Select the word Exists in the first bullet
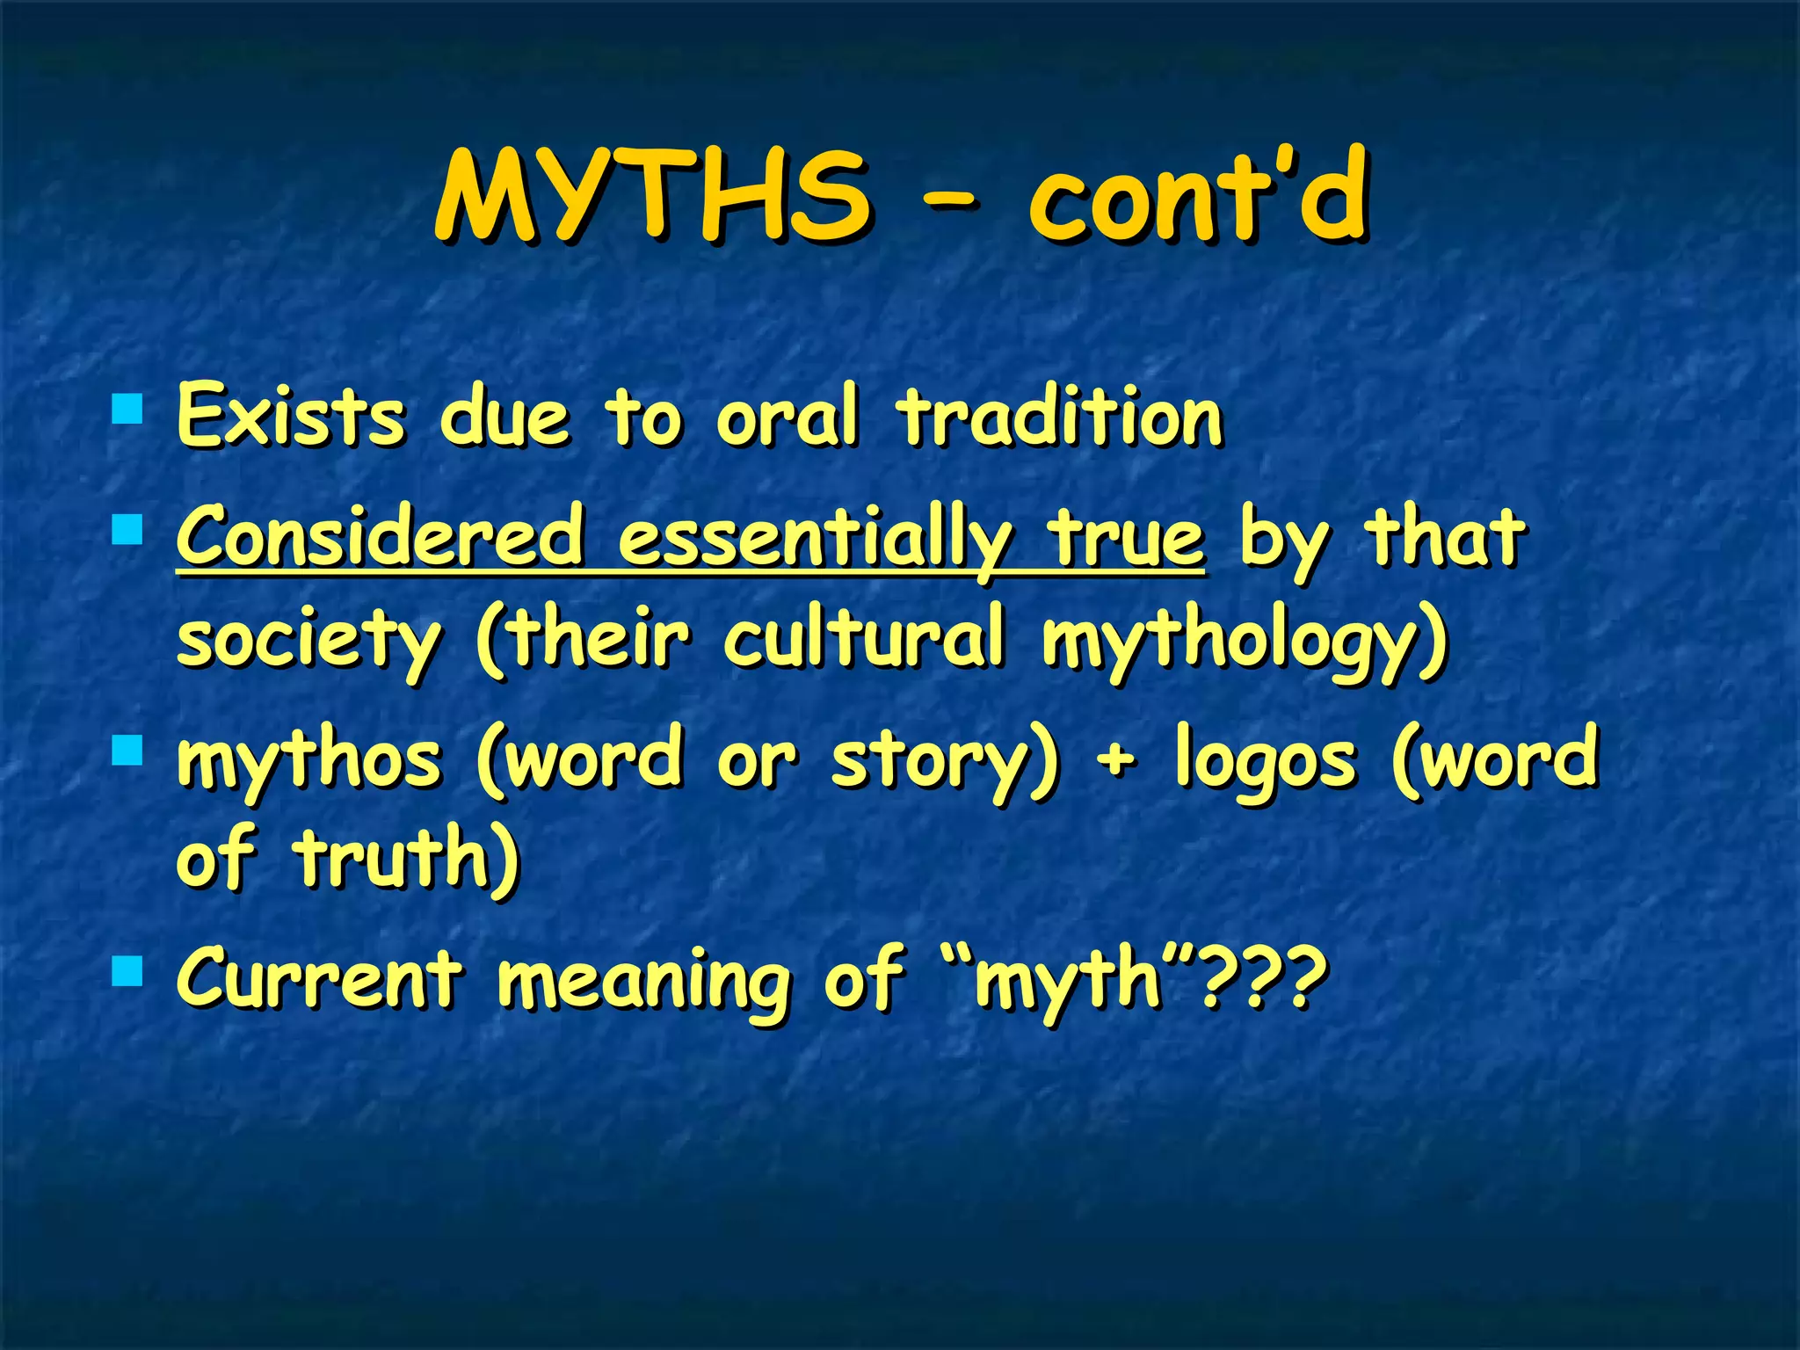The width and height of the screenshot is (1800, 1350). point(291,415)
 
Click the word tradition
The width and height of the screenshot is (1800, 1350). point(1059,415)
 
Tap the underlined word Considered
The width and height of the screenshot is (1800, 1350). point(380,536)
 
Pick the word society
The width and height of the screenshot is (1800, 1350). point(308,640)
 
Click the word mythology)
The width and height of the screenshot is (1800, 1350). point(1244,640)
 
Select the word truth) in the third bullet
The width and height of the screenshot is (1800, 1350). point(407,857)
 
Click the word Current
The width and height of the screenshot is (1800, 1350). point(319,977)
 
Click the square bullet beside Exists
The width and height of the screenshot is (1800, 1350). point(127,409)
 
